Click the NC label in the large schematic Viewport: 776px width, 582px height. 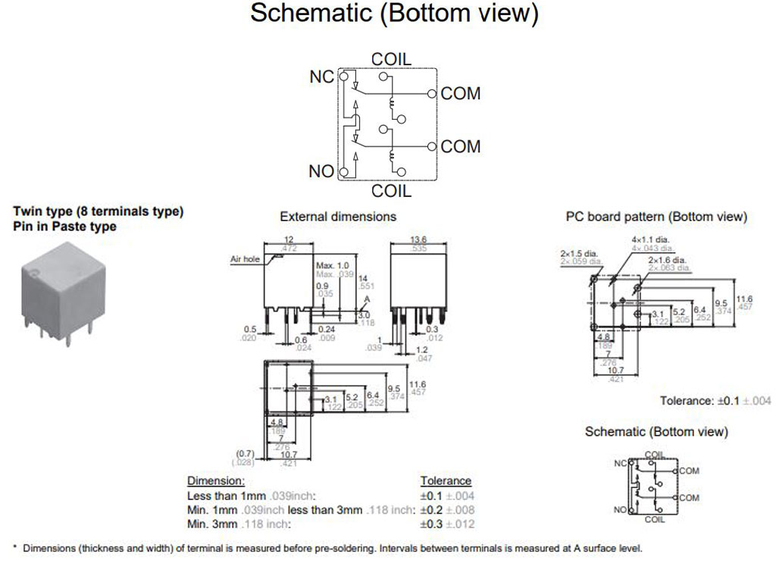(321, 77)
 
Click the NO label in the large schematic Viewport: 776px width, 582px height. (321, 171)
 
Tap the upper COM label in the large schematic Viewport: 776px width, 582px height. (461, 93)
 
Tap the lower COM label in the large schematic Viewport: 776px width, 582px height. (461, 146)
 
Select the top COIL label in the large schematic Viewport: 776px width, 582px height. (391, 59)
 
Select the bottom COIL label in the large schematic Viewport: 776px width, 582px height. (391, 191)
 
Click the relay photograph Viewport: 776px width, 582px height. (58, 292)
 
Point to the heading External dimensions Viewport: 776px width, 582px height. (338, 217)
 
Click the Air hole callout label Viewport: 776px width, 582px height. (245, 259)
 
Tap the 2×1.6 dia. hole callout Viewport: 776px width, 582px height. (669, 259)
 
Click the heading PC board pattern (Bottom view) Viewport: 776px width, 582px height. (656, 217)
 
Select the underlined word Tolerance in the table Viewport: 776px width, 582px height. (446, 481)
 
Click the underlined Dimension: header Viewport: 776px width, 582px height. (216, 481)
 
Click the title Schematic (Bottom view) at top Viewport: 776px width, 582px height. (394, 14)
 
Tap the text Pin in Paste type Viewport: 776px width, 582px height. (65, 227)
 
